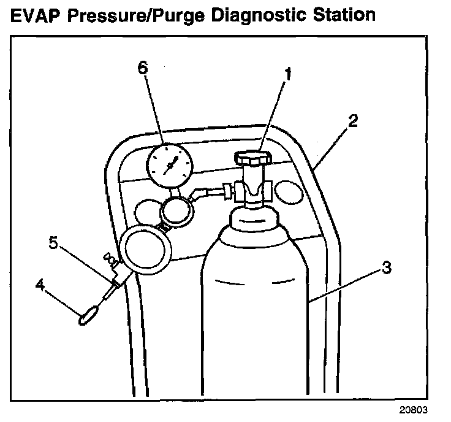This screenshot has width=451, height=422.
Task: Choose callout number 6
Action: (142, 69)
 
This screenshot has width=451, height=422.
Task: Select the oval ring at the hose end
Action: (87, 317)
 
